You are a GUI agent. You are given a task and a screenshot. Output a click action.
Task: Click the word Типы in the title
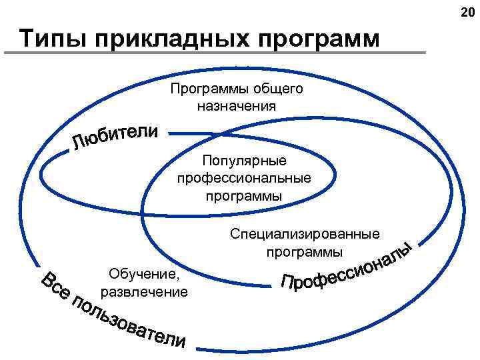point(52,38)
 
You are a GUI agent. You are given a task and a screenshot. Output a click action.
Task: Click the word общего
point(278,89)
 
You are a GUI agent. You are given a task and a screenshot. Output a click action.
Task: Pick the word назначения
point(236,105)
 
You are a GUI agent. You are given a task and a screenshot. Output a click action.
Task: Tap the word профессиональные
point(244,179)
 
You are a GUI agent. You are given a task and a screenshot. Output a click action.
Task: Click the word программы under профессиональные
point(244,196)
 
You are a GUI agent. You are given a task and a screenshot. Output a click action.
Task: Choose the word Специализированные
point(305,234)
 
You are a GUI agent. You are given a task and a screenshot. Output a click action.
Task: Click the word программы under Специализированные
point(305,252)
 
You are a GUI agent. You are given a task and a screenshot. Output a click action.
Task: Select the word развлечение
point(144,292)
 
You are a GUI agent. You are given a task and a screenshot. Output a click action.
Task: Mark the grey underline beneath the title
point(220,53)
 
